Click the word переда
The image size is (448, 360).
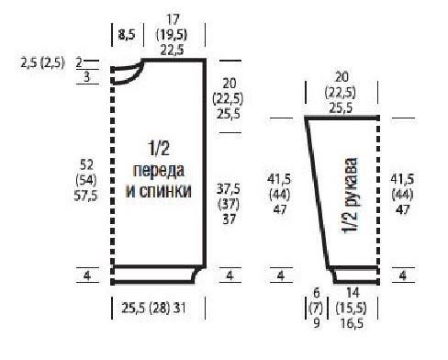click(x=159, y=171)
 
